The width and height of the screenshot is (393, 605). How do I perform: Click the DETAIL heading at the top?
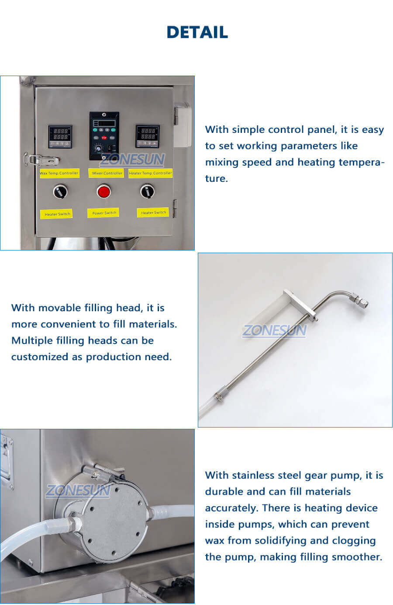coord(197,32)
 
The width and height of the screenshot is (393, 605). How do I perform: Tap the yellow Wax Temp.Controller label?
coord(59,173)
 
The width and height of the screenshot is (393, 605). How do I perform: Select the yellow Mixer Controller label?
coord(107,173)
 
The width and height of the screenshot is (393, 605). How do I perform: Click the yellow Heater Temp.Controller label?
coord(150,173)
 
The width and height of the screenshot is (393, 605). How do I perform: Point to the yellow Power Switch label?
coord(104,213)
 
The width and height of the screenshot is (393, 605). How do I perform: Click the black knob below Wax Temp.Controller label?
coord(60,191)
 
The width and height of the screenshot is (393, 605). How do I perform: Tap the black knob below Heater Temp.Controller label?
coord(147,191)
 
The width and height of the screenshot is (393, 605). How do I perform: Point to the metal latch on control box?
coord(41,160)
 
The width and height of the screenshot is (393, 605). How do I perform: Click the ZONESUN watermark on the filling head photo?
coord(274,330)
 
